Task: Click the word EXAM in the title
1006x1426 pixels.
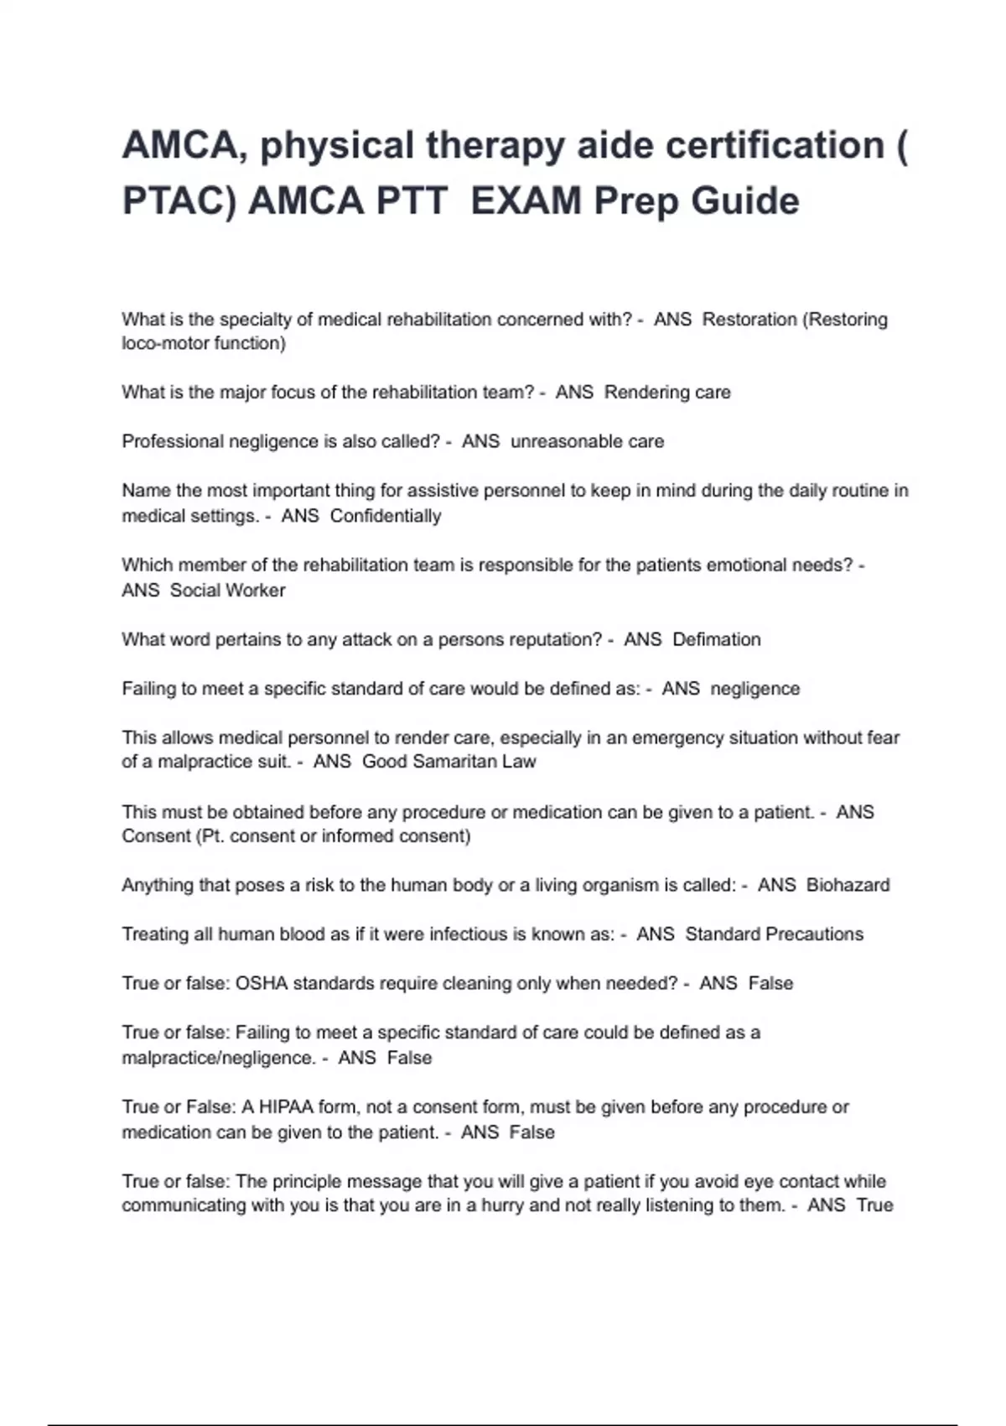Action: point(526,201)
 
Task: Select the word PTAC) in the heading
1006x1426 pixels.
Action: point(179,201)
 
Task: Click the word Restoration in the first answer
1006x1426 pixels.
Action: point(749,320)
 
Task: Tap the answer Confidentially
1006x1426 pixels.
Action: point(386,516)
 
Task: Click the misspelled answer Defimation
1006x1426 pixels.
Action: point(717,640)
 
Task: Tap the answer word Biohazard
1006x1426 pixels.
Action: point(848,885)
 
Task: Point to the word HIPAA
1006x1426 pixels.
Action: point(285,1107)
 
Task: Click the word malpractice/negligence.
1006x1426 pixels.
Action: point(218,1058)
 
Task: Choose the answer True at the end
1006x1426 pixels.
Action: point(874,1205)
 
